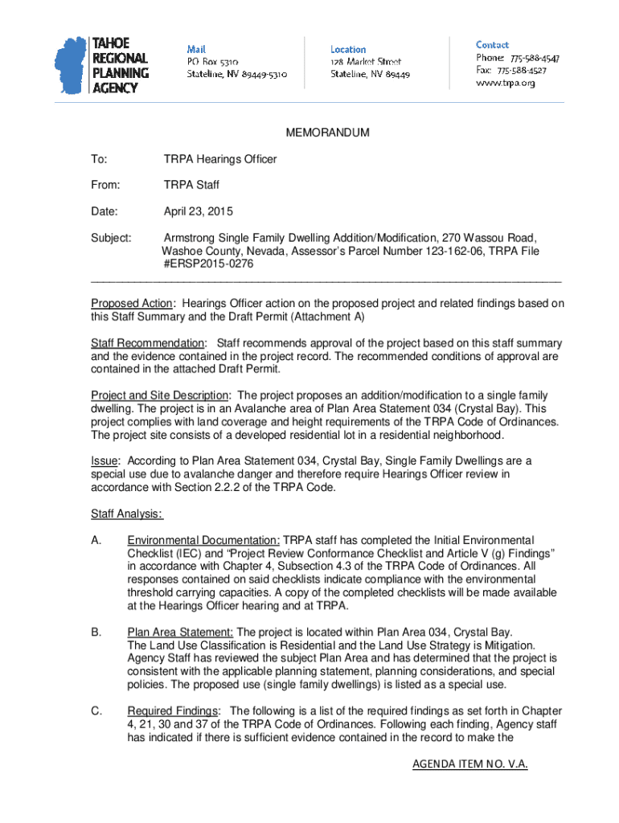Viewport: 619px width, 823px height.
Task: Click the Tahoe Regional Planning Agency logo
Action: (x=102, y=65)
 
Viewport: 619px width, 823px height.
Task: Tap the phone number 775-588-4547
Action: (x=531, y=59)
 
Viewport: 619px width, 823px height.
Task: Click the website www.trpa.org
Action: (x=505, y=83)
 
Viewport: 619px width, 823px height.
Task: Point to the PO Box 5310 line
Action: (x=212, y=61)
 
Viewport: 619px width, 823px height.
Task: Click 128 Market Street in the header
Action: (x=366, y=61)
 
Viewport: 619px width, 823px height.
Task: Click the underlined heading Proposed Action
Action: (x=131, y=303)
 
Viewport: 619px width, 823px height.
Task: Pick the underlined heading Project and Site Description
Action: (x=160, y=395)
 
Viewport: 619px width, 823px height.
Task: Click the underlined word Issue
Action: (x=105, y=461)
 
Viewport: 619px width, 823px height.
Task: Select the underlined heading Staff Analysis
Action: (x=127, y=514)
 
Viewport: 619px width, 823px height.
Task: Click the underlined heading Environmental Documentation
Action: (x=203, y=540)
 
